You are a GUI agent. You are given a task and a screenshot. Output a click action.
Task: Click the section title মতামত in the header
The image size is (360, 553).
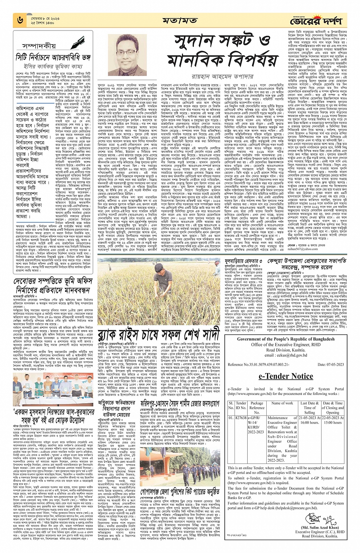[x=180, y=20]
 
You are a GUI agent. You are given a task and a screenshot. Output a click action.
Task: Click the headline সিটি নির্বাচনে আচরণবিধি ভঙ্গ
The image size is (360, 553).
[x=53, y=57]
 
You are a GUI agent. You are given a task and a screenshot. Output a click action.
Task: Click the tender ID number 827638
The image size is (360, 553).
[x=241, y=418]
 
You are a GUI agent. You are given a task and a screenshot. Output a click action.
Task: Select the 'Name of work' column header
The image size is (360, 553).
[x=282, y=403]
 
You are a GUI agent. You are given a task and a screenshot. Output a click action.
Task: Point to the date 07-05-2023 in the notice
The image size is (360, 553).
[x=331, y=365]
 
